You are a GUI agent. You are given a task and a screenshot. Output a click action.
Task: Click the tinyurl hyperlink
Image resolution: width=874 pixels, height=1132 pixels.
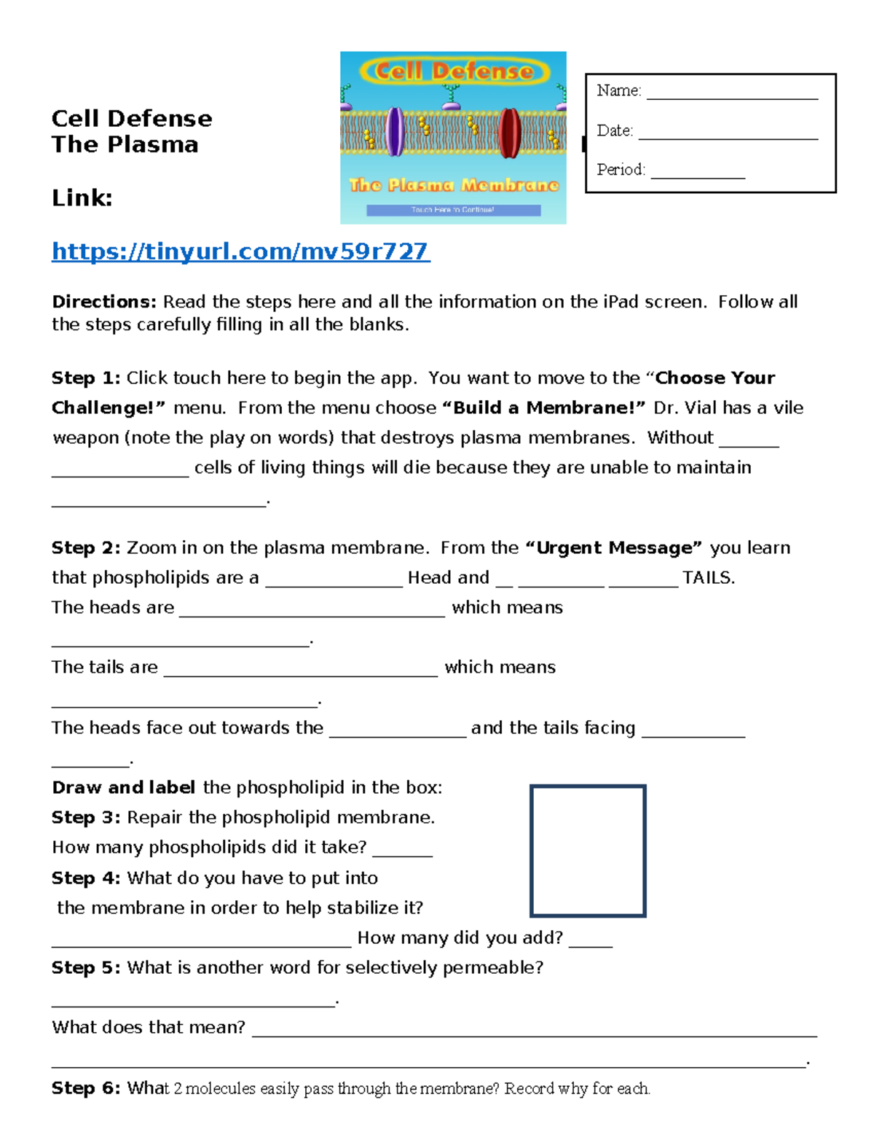coord(240,251)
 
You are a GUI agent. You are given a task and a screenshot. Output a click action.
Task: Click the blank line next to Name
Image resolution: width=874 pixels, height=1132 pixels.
coord(731,93)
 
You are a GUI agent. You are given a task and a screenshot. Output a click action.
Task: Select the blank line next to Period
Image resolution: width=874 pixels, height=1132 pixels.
coord(698,173)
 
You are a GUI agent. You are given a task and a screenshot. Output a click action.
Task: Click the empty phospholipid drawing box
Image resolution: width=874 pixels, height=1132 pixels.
coord(588,851)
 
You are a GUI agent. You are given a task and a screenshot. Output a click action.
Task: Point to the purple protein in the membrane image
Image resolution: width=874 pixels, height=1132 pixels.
coord(395,132)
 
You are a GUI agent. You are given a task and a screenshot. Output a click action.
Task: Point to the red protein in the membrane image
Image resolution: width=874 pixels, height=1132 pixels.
coord(509,132)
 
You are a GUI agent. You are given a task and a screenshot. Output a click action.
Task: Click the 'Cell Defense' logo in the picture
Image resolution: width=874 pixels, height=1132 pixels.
coord(453,71)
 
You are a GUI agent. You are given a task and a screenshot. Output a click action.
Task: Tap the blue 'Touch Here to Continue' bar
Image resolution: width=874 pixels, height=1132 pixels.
coord(453,210)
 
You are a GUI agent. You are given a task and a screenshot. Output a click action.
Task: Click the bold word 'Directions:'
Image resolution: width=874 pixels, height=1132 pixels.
coord(104,302)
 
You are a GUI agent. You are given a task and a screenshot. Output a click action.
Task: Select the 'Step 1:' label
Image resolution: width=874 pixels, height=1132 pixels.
coord(85,378)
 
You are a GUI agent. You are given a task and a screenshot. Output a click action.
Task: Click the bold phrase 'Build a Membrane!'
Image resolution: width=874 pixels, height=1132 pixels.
coord(543,407)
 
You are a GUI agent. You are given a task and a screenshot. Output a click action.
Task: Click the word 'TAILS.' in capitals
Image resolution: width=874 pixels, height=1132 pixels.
coord(709,578)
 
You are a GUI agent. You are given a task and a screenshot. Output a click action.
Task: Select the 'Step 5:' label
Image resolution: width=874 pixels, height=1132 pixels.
coord(85,967)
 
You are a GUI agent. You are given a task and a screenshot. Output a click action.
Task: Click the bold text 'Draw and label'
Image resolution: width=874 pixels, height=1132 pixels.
coord(123,787)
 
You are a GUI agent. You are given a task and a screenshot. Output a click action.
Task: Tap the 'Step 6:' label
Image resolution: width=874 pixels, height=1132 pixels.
coord(85,1088)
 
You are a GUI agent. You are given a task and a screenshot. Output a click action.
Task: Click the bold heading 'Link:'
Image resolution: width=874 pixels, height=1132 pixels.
coord(82,198)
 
